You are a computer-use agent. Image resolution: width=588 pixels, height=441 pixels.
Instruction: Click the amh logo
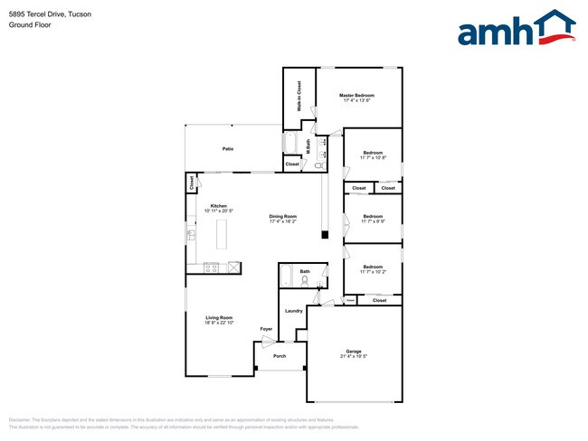click(x=517, y=29)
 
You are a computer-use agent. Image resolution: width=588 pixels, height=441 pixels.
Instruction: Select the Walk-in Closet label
click(x=299, y=96)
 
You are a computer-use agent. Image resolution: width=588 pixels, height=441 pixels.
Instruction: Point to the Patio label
click(x=229, y=147)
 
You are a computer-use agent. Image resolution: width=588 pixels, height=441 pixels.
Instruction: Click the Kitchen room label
click(x=219, y=205)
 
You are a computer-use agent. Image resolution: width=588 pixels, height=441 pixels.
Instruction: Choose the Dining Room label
click(x=282, y=216)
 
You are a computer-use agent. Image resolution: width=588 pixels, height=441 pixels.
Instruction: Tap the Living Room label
click(x=219, y=317)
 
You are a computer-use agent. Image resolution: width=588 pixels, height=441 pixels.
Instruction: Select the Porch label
click(x=280, y=356)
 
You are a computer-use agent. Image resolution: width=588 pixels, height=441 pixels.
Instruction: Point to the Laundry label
click(x=293, y=311)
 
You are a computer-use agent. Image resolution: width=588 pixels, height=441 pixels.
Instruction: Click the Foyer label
click(x=266, y=328)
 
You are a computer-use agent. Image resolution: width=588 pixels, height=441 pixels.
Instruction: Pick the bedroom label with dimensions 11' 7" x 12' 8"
click(x=373, y=153)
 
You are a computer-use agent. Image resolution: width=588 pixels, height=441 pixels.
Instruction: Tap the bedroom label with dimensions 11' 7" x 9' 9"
click(x=373, y=216)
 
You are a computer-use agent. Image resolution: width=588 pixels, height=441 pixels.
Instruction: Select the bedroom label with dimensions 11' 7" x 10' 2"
click(x=373, y=267)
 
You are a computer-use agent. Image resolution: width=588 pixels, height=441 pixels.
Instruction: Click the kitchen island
click(x=222, y=236)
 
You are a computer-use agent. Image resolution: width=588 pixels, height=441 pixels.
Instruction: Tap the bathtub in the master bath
click(x=292, y=143)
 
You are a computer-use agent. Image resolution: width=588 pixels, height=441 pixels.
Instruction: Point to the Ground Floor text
click(x=29, y=25)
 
